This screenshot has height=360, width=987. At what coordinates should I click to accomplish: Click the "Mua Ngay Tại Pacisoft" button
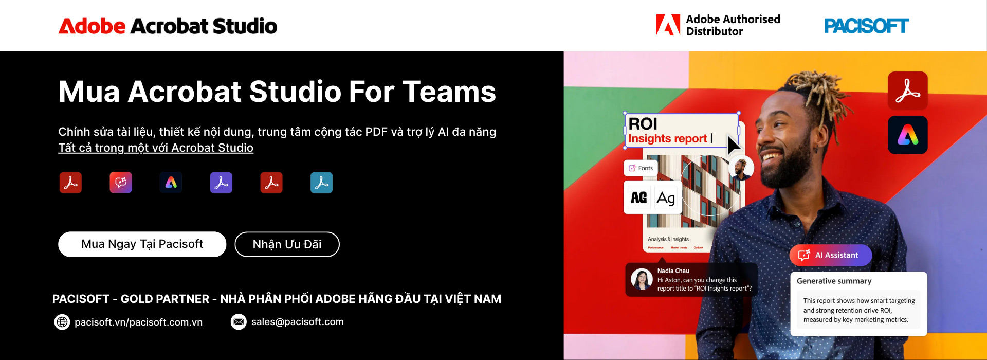142,244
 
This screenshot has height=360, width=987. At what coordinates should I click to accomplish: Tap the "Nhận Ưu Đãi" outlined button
287,244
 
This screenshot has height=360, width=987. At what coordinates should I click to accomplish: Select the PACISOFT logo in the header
866,26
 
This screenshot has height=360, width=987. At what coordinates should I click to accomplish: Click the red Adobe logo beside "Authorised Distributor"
668,25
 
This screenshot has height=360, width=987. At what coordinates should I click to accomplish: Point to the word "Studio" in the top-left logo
245,26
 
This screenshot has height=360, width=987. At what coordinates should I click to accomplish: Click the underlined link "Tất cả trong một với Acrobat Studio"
156,148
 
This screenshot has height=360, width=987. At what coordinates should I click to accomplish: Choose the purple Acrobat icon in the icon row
221,183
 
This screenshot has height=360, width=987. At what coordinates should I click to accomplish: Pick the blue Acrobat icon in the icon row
321,183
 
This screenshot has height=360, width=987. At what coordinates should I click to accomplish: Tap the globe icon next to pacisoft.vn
62,322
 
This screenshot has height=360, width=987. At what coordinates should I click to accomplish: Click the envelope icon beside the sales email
239,322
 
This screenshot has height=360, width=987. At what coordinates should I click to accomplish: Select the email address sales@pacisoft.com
297,322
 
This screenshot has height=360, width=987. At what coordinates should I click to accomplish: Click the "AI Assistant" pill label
830,255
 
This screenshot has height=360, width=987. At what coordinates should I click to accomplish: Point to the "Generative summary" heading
834,281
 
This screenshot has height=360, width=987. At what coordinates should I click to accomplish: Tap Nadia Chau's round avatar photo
642,279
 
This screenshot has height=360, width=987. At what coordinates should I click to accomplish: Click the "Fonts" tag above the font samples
641,168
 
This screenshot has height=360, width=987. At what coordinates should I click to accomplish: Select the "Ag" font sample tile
666,198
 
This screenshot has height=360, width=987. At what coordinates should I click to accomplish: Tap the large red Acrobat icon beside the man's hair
907,91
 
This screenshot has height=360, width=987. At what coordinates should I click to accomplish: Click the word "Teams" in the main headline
449,92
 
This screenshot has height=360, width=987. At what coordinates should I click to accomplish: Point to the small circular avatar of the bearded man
741,168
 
